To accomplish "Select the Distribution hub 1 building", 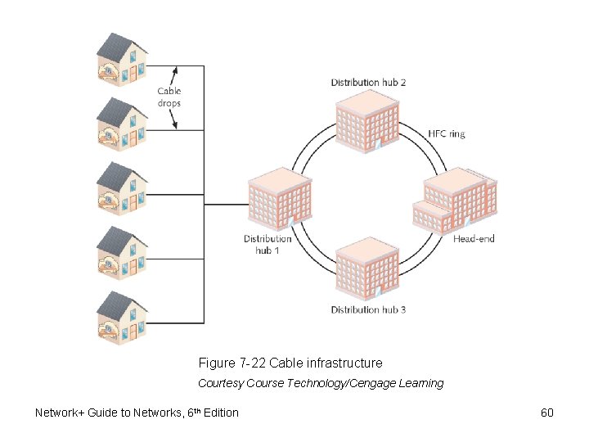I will [x=280, y=200].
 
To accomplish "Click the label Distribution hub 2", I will [x=368, y=83].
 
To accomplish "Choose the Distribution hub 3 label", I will [x=368, y=309].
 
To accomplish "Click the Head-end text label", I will [x=474, y=239].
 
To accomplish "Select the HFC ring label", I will [x=447, y=134].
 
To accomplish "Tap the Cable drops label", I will [x=169, y=97].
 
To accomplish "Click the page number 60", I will [x=547, y=413].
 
